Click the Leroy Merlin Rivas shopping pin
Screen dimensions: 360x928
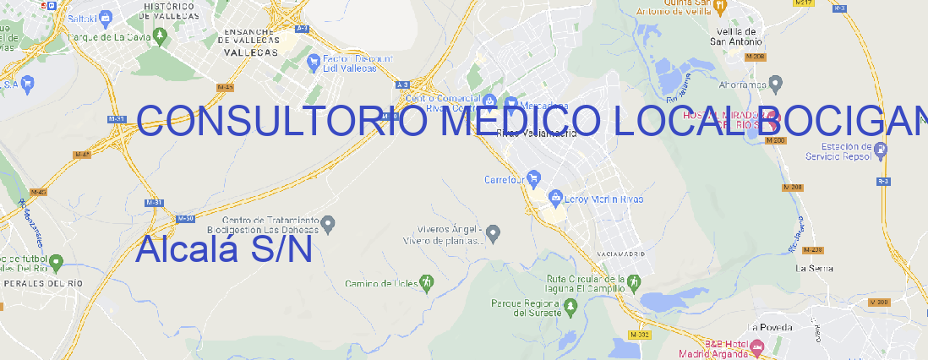pos(555,197)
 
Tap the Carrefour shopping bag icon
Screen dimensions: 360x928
pos(535,178)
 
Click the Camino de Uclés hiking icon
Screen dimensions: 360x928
pos(427,282)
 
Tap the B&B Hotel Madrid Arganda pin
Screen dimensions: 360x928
pos(757,346)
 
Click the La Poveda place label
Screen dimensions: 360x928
pos(769,327)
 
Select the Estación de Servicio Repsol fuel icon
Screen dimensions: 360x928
pos(882,150)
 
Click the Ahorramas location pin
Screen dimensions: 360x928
pos(776,83)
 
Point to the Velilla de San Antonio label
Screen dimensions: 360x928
pos(735,36)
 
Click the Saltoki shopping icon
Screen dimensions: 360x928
pos(106,16)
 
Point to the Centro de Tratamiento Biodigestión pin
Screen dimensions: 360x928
pos(330,223)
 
